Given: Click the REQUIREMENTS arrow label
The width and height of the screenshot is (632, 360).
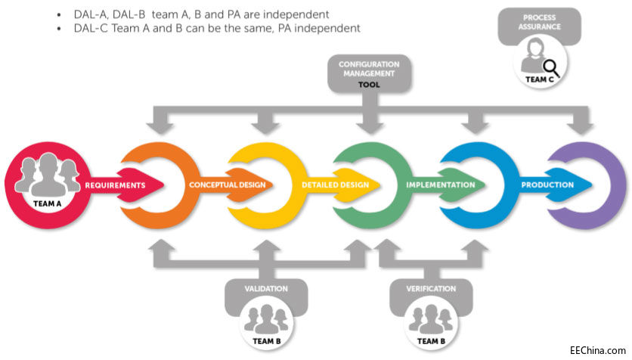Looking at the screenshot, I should (x=115, y=185).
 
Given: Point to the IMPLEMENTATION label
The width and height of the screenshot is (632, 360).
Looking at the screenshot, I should (x=440, y=185).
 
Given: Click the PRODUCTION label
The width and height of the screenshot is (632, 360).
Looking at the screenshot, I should (x=547, y=185).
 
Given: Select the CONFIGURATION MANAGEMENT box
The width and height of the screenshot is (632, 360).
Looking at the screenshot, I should (x=369, y=70).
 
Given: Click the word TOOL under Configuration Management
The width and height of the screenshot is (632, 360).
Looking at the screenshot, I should (x=369, y=85).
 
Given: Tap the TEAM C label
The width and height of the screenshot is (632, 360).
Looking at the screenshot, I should (x=538, y=79).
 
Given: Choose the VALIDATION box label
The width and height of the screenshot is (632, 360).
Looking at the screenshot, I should (x=265, y=288).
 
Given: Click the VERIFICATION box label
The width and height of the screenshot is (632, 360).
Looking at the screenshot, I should (x=431, y=288).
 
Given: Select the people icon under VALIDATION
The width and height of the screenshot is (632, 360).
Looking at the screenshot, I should (x=265, y=318).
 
